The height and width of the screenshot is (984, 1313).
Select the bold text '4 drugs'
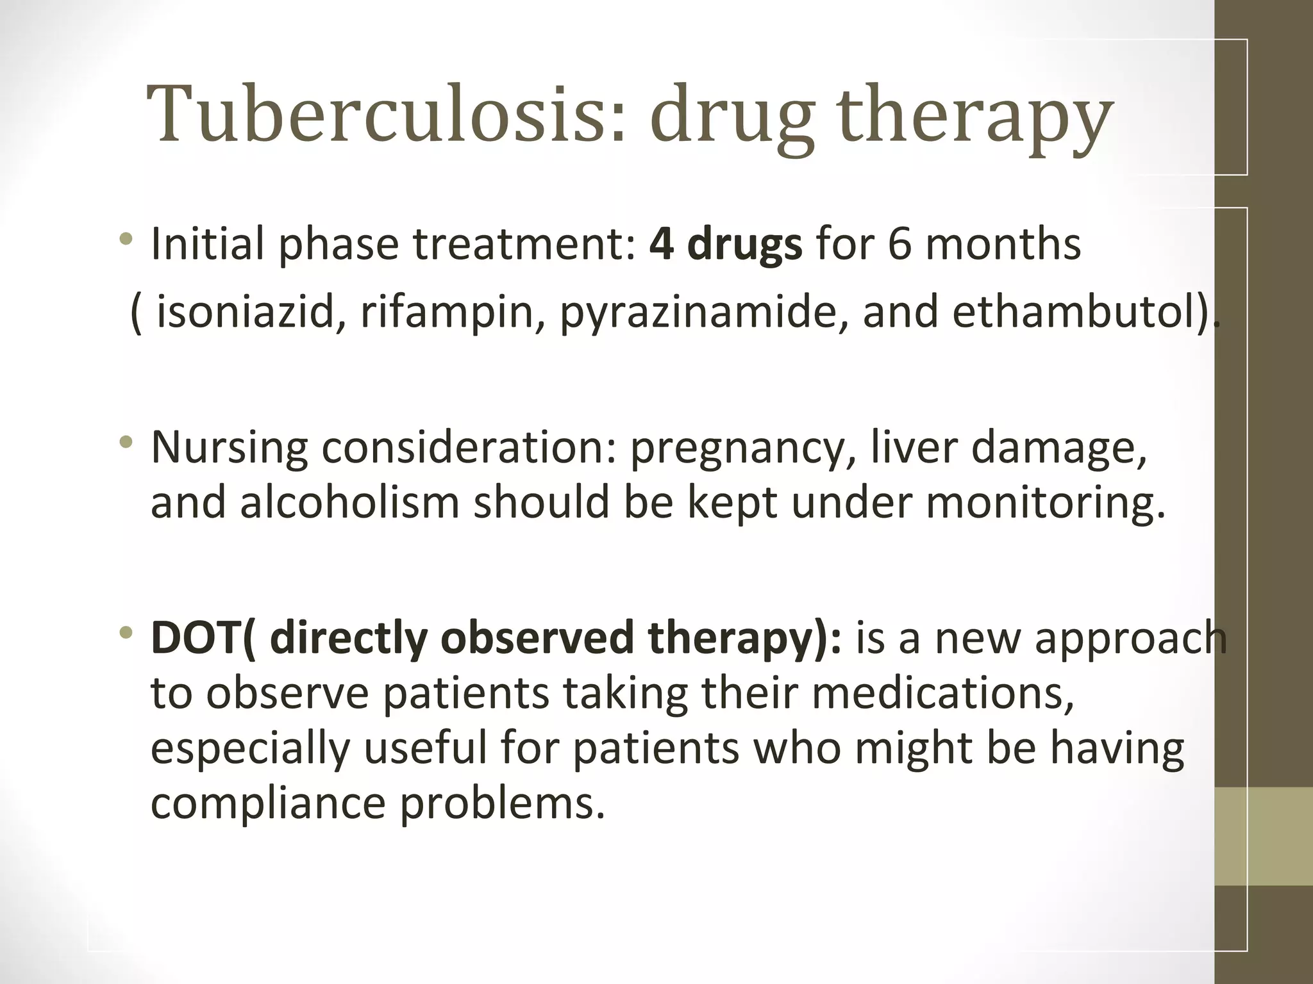coord(725,245)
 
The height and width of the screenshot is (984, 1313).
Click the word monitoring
coord(1045,505)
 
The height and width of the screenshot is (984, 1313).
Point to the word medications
coord(943,693)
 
